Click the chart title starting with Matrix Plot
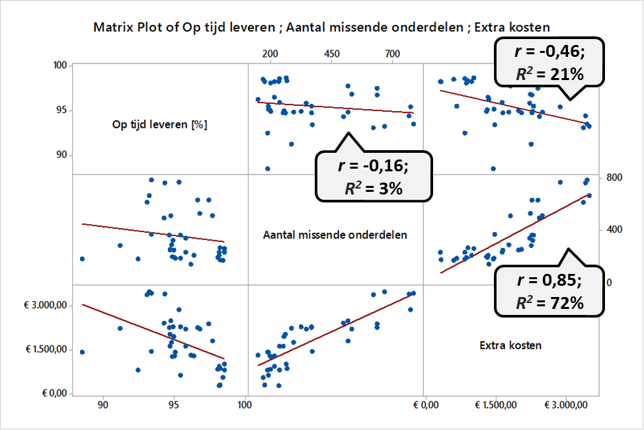click(322, 27)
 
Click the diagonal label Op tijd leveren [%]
click(159, 124)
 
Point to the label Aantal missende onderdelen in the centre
click(335, 234)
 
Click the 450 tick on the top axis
click(331, 53)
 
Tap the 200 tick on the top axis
click(270, 53)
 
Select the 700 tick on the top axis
click(392, 53)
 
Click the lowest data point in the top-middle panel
click(268, 169)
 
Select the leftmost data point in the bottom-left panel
click(82, 352)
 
